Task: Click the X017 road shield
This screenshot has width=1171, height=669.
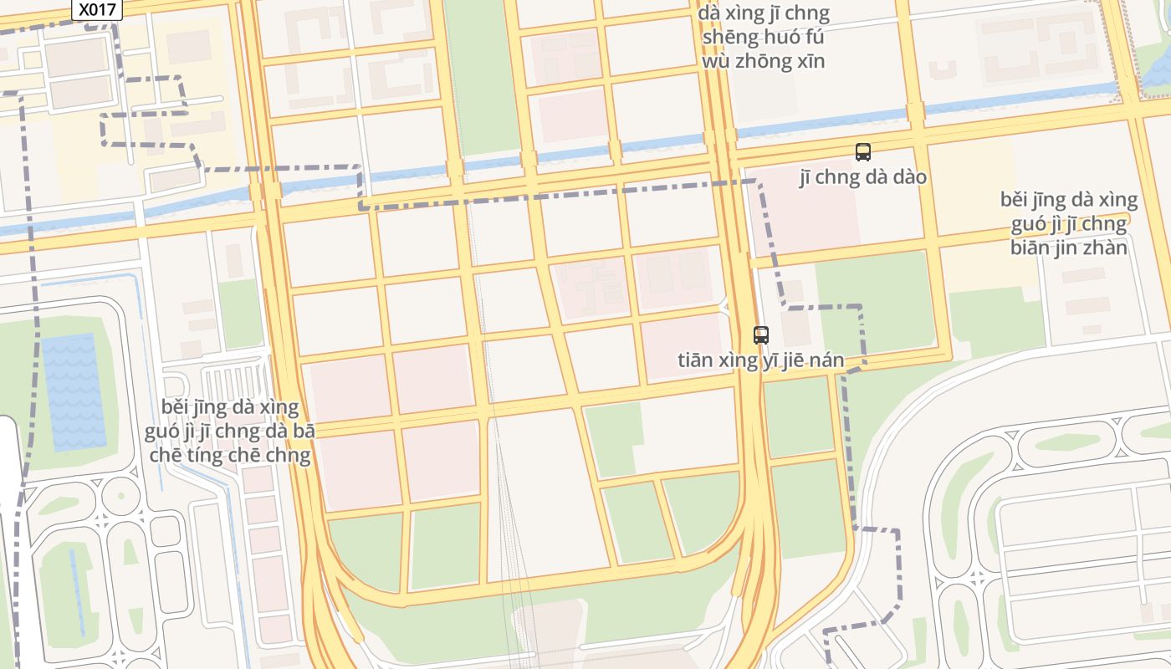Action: (97, 10)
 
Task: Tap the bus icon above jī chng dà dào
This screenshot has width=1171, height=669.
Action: (863, 152)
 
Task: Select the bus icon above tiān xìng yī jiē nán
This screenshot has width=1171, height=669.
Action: (761, 335)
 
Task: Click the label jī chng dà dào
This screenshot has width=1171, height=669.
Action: (863, 177)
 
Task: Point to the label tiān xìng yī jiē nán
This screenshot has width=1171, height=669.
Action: (760, 360)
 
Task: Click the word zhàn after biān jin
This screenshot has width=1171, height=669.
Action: (1106, 248)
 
